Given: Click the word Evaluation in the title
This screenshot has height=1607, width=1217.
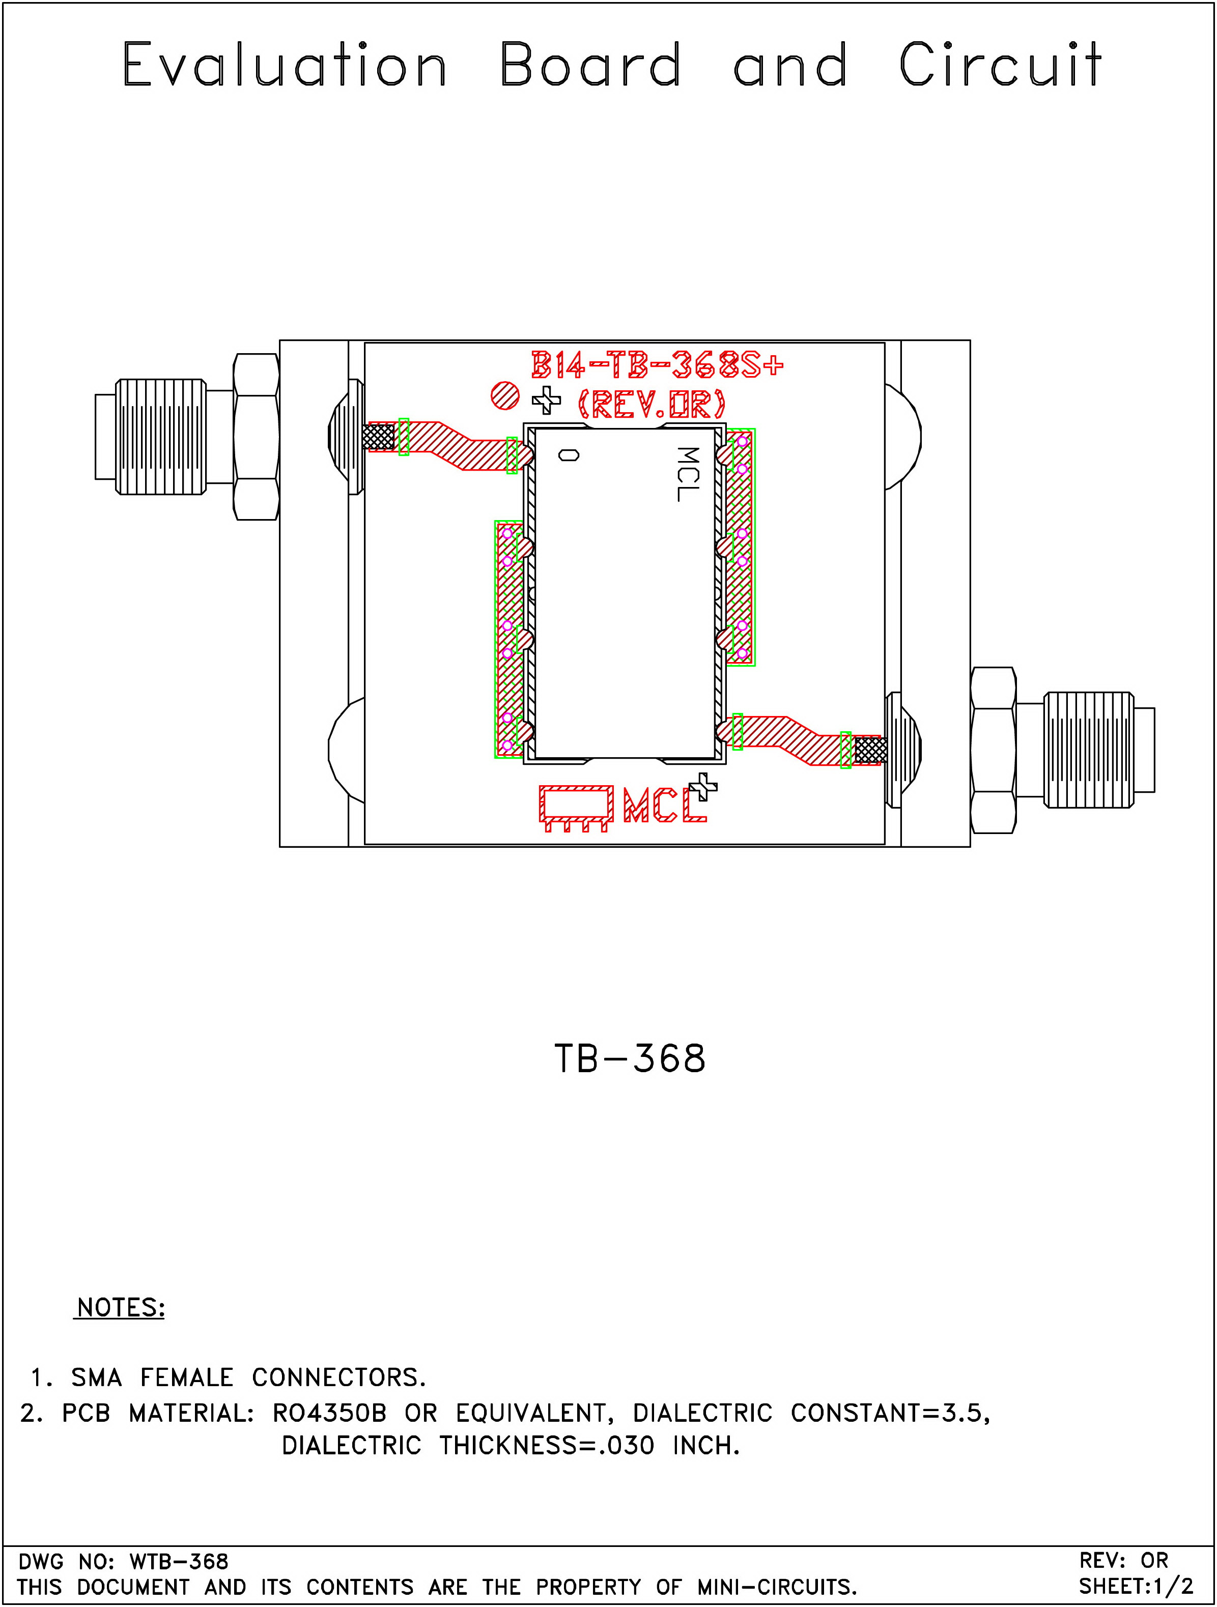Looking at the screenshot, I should pyautogui.click(x=284, y=65).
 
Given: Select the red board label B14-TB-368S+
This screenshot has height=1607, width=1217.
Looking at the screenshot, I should pyautogui.click(x=657, y=365).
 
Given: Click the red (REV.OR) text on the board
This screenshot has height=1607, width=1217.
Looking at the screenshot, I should pyautogui.click(x=652, y=404).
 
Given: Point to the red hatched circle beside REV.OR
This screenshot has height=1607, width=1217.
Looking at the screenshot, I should pyautogui.click(x=505, y=396).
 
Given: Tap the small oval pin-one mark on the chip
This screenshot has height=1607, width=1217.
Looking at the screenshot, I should pyautogui.click(x=569, y=455).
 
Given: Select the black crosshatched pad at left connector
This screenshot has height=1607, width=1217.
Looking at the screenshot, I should pyautogui.click(x=378, y=437).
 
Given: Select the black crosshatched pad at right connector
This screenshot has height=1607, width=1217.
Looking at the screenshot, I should pyautogui.click(x=870, y=750).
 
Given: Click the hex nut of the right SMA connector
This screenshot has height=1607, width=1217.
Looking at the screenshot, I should pyautogui.click(x=993, y=750).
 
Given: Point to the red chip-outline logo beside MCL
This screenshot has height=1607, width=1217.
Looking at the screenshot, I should pyautogui.click(x=576, y=807).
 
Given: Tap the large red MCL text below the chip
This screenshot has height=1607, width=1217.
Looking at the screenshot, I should pyautogui.click(x=663, y=805).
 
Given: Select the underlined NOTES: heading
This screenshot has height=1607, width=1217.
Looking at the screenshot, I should pyautogui.click(x=121, y=1308).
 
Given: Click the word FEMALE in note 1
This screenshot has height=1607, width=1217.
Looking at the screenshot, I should pyautogui.click(x=187, y=1378).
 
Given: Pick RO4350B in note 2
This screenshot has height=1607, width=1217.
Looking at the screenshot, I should pyautogui.click(x=329, y=1413).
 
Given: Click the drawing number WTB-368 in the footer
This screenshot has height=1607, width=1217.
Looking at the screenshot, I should pyautogui.click(x=179, y=1561).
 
